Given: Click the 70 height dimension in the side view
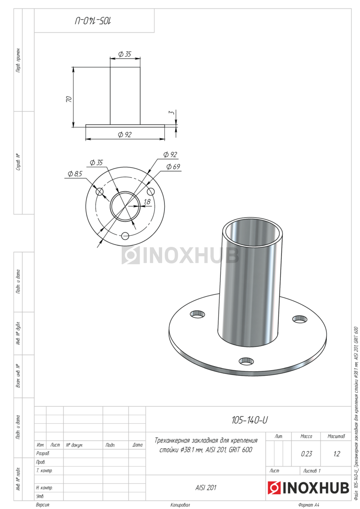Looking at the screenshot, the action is point(69,99).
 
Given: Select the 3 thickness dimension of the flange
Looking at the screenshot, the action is point(172,112).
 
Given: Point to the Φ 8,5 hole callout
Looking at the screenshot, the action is point(75,174).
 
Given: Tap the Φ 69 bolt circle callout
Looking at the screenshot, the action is point(173,167).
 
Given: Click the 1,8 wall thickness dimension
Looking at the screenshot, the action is point(147,201).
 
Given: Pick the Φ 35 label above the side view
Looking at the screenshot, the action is point(125,54).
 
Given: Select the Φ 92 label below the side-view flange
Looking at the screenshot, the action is point(125,134).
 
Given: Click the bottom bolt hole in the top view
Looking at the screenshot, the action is point(125,236).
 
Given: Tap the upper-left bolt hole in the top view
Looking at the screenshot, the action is point(99,192).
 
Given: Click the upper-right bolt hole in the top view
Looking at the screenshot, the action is point(151,192).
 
